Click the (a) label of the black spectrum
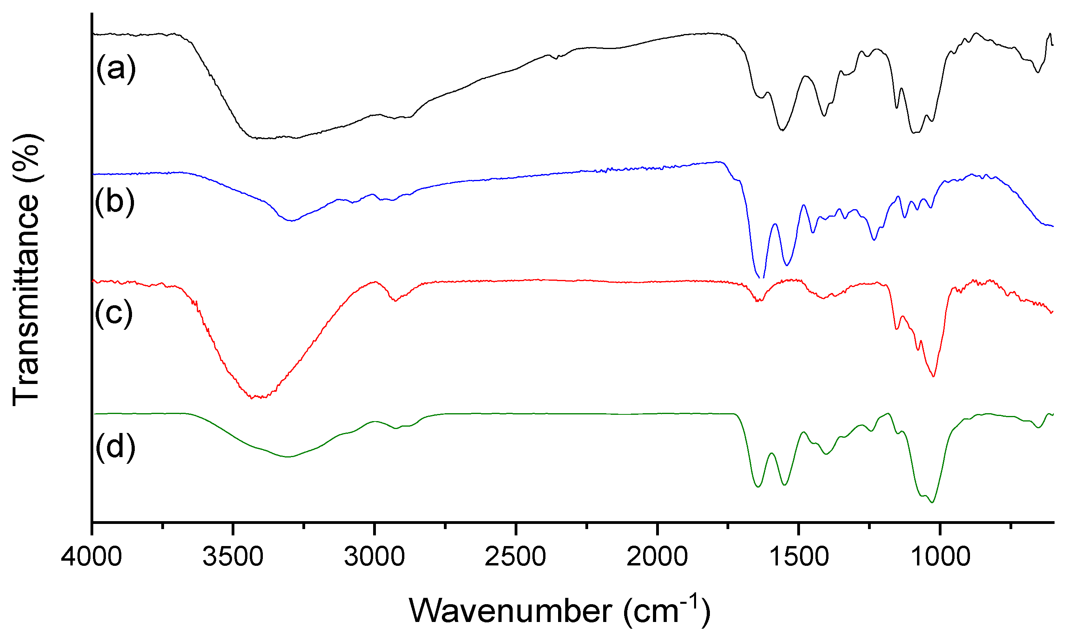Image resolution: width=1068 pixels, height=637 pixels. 115,69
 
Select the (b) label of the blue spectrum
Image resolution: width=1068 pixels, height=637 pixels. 115,202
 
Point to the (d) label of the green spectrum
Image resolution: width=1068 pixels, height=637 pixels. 115,447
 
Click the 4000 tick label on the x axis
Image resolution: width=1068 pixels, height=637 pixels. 91,557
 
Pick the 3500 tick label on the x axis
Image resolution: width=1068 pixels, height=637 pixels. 232,557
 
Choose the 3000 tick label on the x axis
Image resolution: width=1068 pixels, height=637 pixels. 374,557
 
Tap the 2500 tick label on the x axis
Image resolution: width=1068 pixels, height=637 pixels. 515,557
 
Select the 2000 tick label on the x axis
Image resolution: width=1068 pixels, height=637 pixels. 657,557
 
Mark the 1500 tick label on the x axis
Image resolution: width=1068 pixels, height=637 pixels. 798,557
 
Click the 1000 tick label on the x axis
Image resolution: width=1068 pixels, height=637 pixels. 940,557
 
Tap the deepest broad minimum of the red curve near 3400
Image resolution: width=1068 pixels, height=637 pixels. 257,397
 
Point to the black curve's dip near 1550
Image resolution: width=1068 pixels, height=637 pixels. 782,130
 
